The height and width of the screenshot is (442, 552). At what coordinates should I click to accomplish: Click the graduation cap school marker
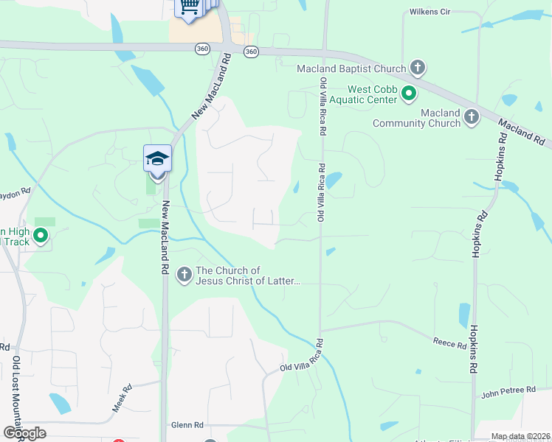pos(157,158)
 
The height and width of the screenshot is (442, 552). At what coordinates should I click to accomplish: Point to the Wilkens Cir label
pos(430,12)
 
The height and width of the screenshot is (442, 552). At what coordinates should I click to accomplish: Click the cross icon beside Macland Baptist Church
pos(418,69)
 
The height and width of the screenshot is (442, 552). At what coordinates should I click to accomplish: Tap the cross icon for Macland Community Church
pos(472,116)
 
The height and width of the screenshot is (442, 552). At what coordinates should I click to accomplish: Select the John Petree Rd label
pos(508,390)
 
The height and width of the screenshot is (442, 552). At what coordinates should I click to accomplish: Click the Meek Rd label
pos(122,397)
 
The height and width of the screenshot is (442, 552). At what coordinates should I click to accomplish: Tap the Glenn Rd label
pos(187,425)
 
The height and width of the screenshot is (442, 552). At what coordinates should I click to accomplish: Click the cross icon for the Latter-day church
pos(184,275)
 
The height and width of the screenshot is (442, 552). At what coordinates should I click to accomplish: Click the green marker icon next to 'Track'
pos(41,236)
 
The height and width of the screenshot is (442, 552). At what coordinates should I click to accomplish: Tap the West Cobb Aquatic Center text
pos(363,94)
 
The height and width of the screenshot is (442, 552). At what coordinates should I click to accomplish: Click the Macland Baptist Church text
pos(351,69)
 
